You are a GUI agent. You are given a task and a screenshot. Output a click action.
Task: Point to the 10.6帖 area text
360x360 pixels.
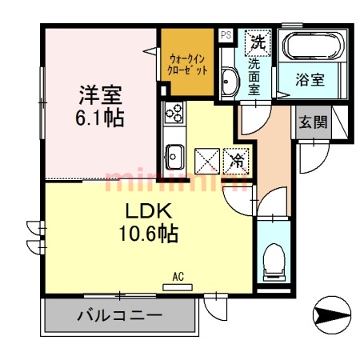[x=144, y=234]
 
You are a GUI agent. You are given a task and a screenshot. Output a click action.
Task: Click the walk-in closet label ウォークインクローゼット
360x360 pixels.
[x=188, y=63]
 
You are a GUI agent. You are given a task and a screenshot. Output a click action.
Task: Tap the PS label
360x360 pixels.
[x=226, y=34]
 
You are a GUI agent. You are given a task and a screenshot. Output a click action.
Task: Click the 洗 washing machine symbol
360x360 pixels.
[x=258, y=39]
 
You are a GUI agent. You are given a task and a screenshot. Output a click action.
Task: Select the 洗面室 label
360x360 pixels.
[x=255, y=75]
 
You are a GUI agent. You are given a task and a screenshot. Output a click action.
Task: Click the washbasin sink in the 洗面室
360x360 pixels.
[x=228, y=81]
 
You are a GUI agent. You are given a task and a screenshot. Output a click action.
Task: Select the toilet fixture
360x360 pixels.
[x=273, y=258]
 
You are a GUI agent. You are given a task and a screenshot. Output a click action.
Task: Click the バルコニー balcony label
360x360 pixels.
[x=120, y=315]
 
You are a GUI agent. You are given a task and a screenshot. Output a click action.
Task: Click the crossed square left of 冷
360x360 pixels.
[x=207, y=160]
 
